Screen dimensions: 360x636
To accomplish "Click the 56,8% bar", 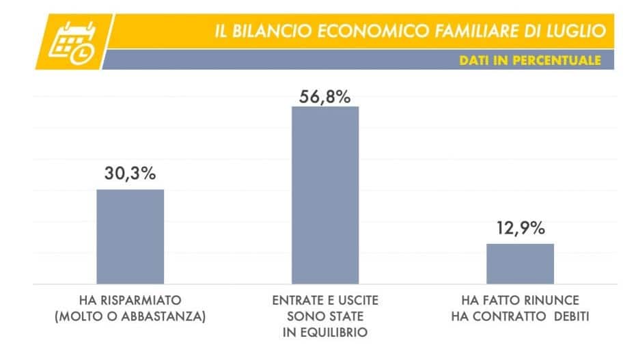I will [325, 195].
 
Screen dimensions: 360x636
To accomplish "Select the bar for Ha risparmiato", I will [130, 236].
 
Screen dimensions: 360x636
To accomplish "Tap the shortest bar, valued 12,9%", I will [520, 263].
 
